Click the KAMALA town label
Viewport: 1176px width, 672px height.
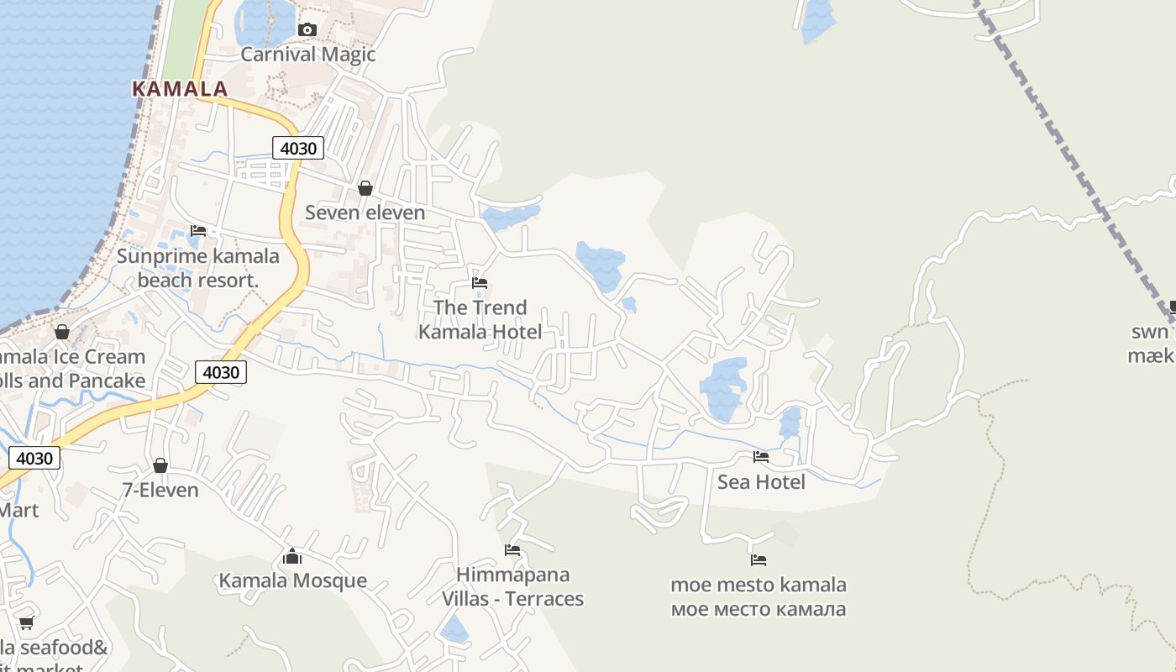tap(180, 89)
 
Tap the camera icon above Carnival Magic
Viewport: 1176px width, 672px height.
tap(307, 30)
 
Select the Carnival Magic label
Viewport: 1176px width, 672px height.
tap(307, 55)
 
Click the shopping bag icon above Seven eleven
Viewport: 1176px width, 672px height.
tap(365, 188)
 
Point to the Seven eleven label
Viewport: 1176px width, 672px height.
tap(365, 213)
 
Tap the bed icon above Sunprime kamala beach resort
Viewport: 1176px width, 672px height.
tap(198, 231)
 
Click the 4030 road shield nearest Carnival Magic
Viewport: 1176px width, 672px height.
tap(297, 149)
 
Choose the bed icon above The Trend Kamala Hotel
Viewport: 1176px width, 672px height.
tap(480, 283)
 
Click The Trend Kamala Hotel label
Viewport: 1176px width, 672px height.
tap(480, 320)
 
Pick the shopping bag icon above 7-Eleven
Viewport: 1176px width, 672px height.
tap(160, 465)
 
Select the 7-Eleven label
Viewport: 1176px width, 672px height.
tap(160, 490)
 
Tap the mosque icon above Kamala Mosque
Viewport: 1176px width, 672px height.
tap(292, 556)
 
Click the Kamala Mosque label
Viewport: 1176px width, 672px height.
tap(292, 580)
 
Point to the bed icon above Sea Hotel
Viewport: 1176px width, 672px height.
tap(761, 457)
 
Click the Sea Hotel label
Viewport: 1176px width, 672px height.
tap(761, 481)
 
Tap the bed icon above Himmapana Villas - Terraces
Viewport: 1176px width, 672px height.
tap(512, 550)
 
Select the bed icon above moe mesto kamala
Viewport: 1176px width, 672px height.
tap(759, 560)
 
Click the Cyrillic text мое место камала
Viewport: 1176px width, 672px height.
tap(759, 609)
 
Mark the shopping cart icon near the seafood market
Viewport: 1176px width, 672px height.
tap(26, 623)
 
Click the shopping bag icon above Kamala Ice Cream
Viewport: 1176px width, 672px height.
tap(62, 332)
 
